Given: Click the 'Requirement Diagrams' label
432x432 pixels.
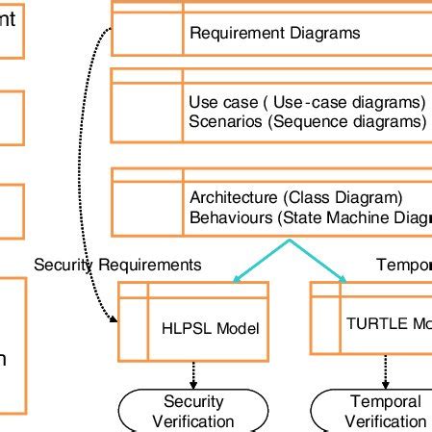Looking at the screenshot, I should (274, 33).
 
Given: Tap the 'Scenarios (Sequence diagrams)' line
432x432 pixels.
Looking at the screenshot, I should (307, 122).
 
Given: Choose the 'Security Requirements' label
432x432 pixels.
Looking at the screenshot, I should (117, 264).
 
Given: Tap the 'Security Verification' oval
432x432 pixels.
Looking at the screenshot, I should (193, 411).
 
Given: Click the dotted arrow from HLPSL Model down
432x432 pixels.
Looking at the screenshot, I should (193, 373).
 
